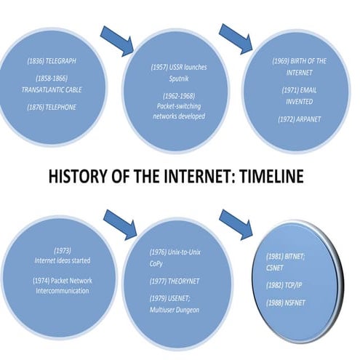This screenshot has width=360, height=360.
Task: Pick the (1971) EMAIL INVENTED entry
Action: pyautogui.click(x=300, y=95)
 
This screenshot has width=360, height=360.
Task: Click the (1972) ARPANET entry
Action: pyautogui.click(x=300, y=117)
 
